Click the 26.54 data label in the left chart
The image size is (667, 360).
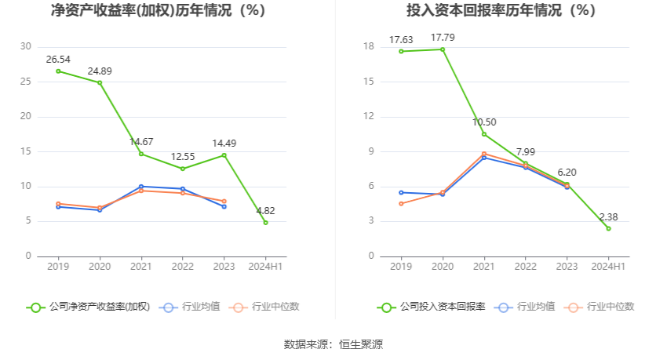(x=58, y=59)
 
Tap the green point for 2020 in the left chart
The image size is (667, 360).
(x=100, y=82)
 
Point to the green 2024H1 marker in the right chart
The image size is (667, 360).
(x=608, y=228)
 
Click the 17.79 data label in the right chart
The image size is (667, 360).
(x=443, y=38)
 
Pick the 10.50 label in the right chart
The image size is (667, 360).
(x=484, y=122)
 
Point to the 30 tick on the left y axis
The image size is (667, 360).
(x=26, y=46)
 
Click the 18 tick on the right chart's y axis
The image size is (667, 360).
(x=368, y=46)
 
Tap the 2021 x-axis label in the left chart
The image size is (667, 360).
(x=141, y=267)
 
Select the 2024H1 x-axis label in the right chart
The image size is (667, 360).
(x=608, y=267)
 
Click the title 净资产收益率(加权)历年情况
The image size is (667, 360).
(x=158, y=11)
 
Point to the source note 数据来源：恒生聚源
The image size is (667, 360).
(x=333, y=344)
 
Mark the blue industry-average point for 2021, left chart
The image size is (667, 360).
(x=141, y=187)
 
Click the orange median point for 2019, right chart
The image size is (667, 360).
(x=401, y=203)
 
